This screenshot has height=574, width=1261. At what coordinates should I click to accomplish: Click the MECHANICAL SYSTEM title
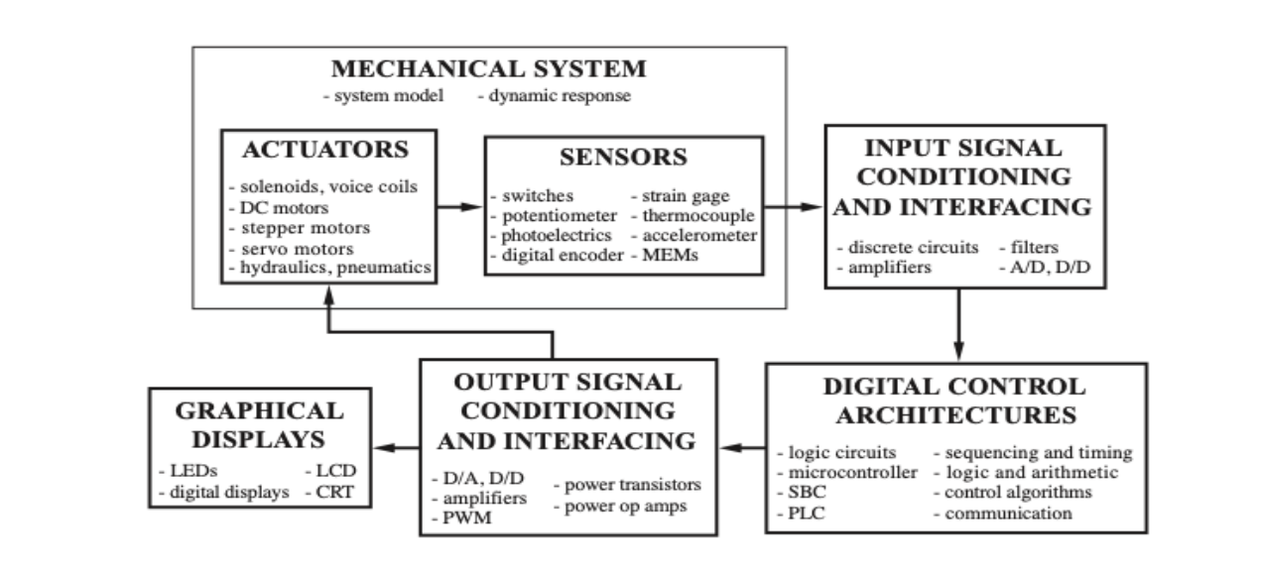tap(488, 69)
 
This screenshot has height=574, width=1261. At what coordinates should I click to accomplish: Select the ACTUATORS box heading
tap(325, 150)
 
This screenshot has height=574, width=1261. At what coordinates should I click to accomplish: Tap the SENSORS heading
tap(623, 157)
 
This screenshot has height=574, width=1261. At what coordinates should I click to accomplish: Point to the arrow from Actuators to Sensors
tap(460, 206)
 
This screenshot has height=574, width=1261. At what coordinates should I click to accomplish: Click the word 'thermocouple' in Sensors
tap(698, 215)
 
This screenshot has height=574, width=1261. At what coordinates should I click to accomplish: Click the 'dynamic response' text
tap(554, 96)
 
